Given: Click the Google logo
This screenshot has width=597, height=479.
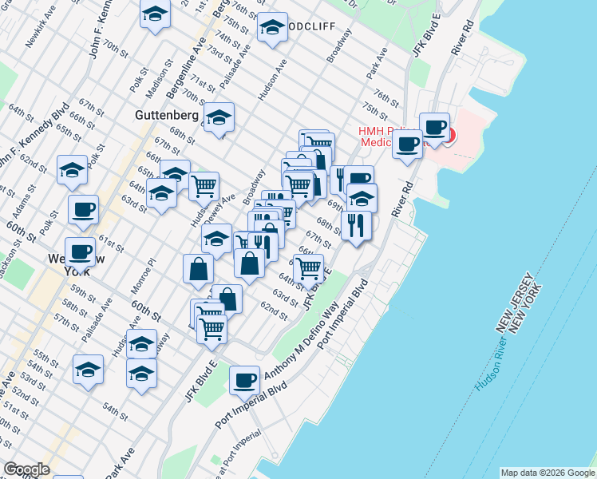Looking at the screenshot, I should [x=27, y=469].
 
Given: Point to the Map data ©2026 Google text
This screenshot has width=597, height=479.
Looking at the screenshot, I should [x=547, y=473].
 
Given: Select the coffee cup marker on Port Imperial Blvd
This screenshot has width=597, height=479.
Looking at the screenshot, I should [x=245, y=380].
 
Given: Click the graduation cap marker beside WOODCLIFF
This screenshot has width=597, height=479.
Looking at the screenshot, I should [x=272, y=30].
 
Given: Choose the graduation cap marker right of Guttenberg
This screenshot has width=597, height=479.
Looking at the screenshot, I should [x=218, y=117].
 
